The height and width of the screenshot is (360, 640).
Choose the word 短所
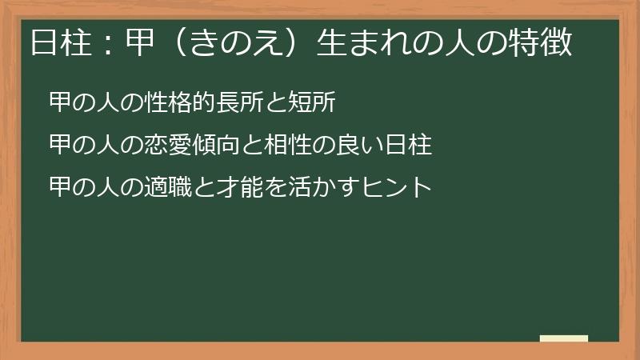[x=322, y=102]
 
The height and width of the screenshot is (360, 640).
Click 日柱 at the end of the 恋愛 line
[x=409, y=146]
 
